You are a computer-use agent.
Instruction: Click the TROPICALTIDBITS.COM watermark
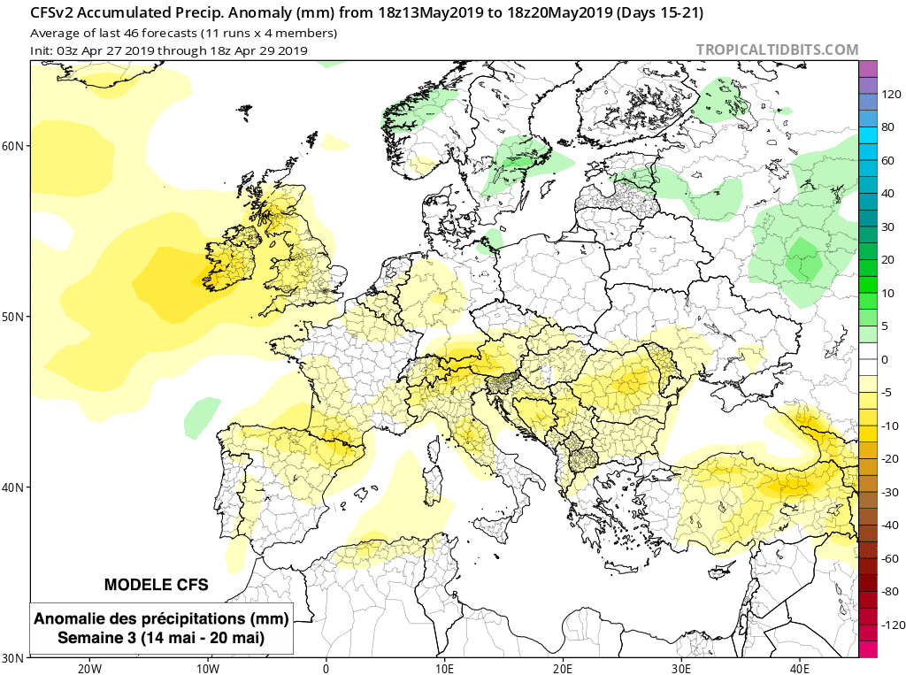point(777,50)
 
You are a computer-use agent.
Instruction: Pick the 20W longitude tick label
point(89,667)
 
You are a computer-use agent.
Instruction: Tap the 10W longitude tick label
point(208,667)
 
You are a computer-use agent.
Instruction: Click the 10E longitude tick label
point(445,667)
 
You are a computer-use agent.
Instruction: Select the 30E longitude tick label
point(682,667)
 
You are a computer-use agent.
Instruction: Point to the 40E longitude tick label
point(801,667)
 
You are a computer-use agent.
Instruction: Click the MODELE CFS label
point(157,585)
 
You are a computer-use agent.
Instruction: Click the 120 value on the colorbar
point(890,94)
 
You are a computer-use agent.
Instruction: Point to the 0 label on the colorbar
point(885,359)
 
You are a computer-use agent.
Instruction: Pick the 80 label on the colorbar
point(887,127)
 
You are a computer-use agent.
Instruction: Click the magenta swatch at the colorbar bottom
point(868,649)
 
